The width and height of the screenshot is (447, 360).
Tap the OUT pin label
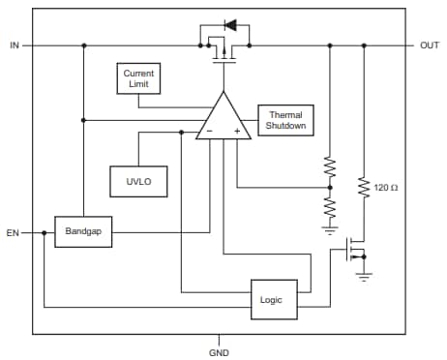429,45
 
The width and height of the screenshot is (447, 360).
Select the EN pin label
14,232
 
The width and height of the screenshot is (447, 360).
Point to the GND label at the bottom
219,352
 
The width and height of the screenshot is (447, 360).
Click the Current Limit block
138,79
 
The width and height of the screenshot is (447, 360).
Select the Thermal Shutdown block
285,120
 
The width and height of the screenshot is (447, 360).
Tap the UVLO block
137,180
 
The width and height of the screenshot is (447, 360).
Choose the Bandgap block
82,232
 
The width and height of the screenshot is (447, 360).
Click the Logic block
274,300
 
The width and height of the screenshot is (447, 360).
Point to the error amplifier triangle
223,118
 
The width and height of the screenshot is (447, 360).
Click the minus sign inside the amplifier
209,130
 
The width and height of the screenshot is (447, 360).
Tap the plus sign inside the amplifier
237,130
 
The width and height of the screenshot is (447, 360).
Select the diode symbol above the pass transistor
229,23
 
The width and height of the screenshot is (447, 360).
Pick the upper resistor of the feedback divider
329,167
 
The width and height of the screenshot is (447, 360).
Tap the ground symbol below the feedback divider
329,230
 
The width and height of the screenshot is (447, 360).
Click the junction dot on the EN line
44,232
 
